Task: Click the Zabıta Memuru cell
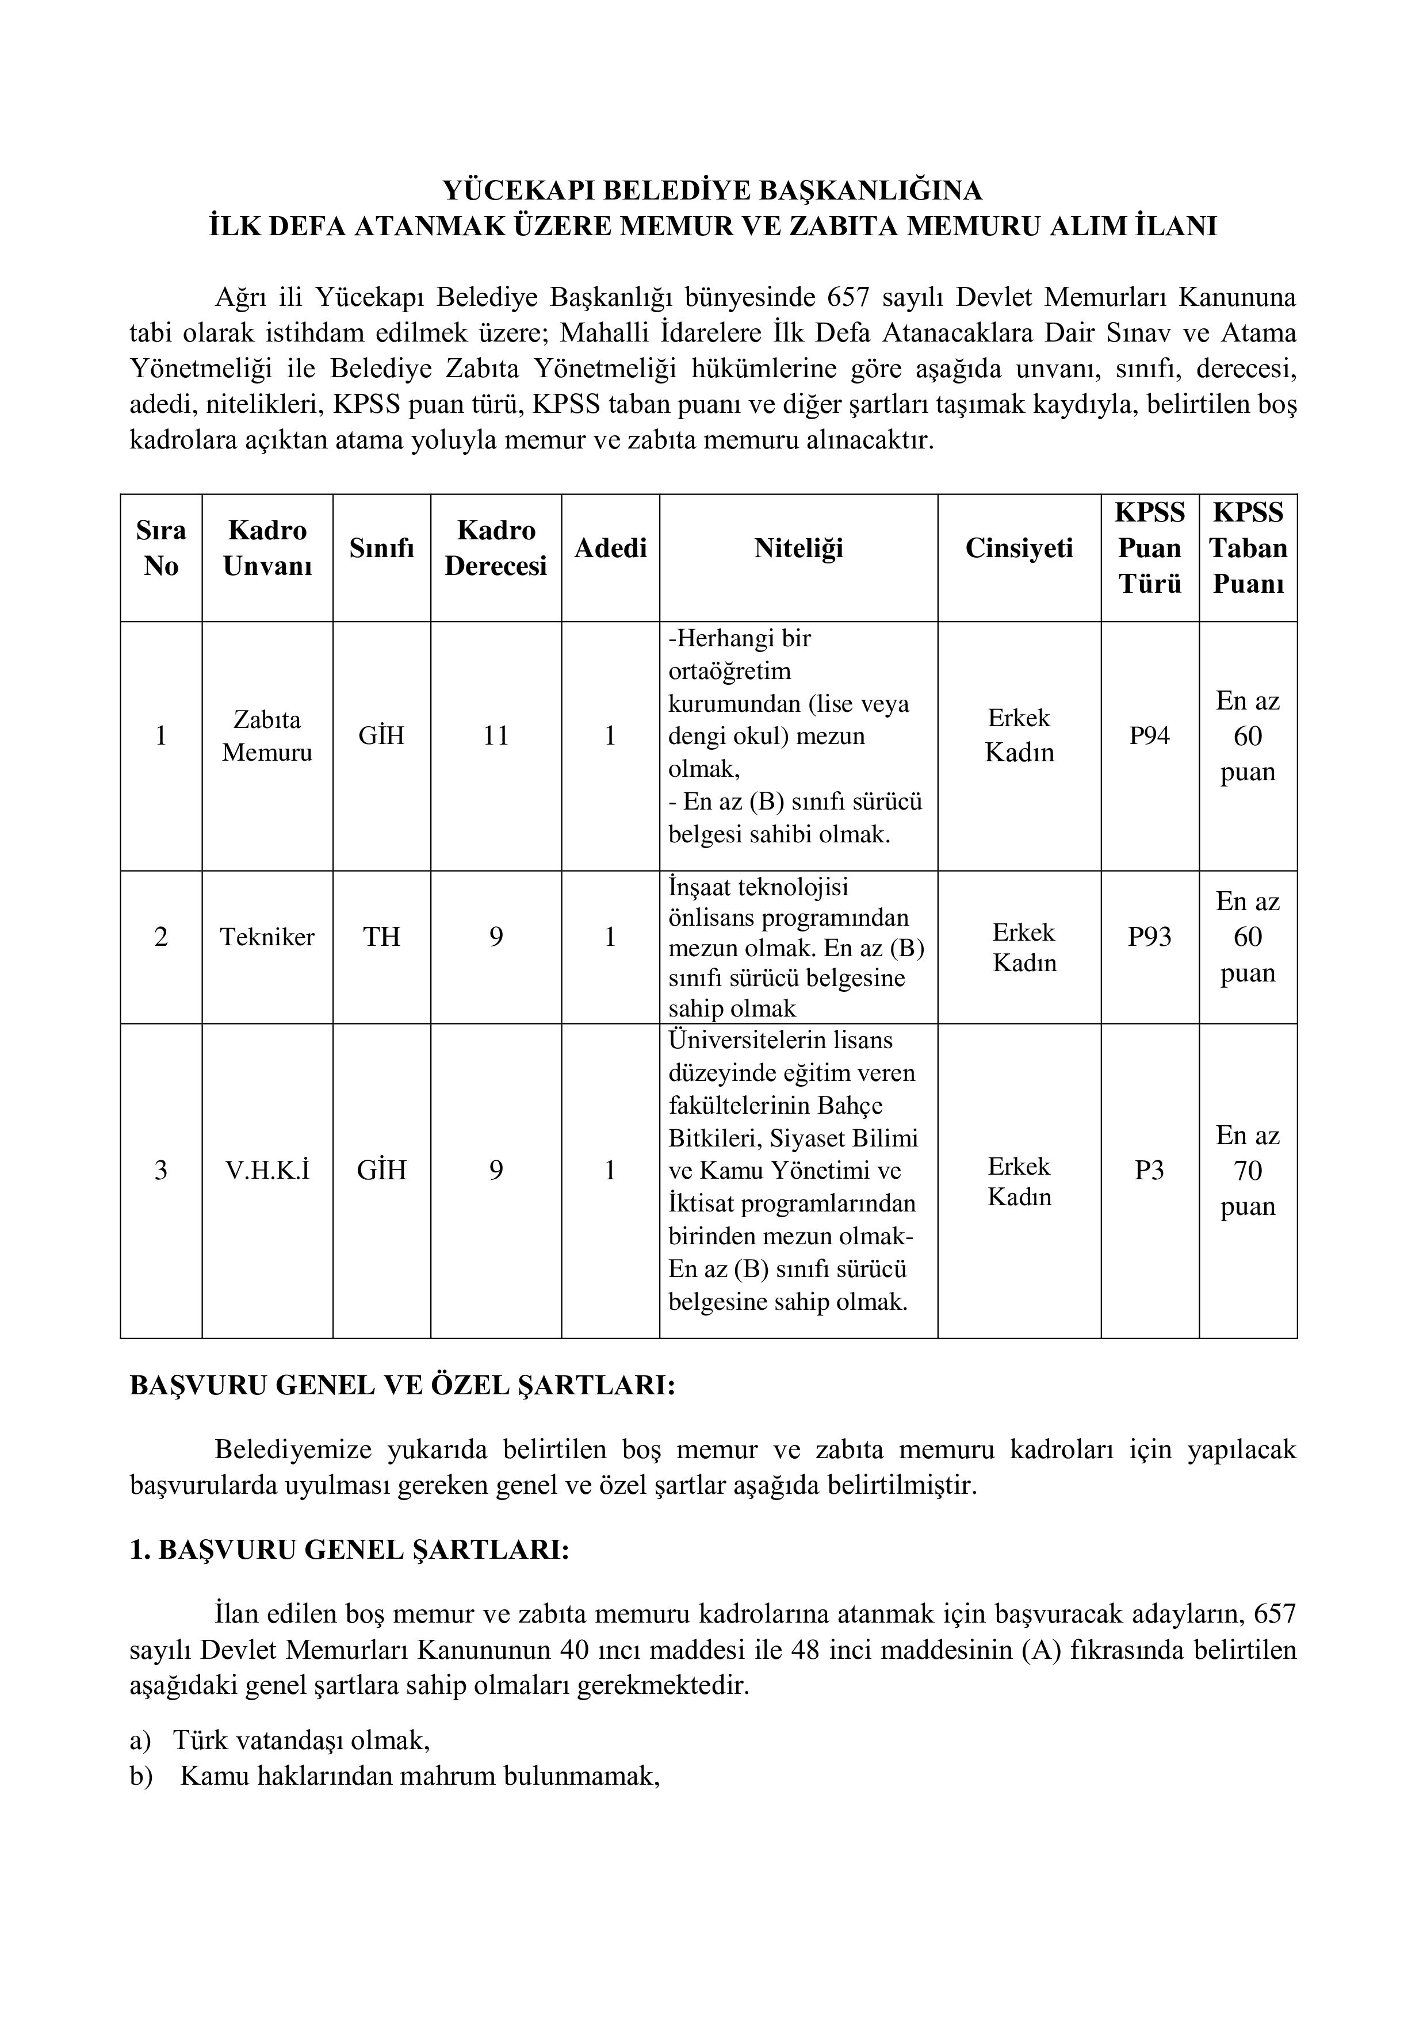click(x=267, y=735)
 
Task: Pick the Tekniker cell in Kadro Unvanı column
click(x=267, y=937)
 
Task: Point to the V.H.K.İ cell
click(x=267, y=1170)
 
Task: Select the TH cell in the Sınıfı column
click(x=381, y=937)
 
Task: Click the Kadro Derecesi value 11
click(x=496, y=735)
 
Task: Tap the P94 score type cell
click(x=1149, y=735)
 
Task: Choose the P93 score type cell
click(x=1149, y=937)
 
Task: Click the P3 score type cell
click(x=1149, y=1170)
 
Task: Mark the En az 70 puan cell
click(x=1248, y=1170)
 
